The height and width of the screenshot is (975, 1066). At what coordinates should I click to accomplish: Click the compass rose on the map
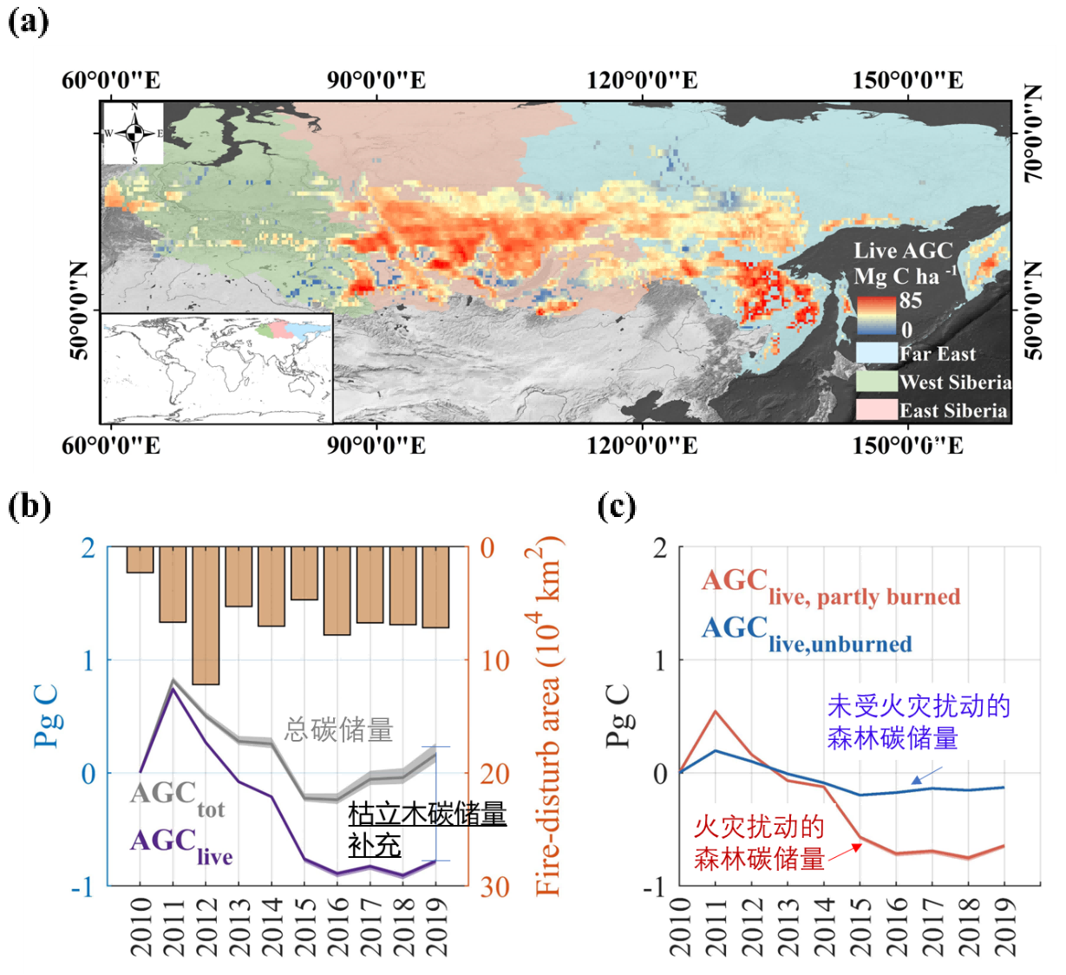tap(134, 134)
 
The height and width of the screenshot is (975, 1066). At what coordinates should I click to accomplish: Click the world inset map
tap(217, 368)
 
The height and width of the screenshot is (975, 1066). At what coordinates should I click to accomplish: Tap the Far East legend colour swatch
tap(876, 354)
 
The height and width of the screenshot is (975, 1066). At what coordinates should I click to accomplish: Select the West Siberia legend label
tap(955, 383)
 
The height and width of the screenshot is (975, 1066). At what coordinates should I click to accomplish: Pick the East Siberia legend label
tap(952, 411)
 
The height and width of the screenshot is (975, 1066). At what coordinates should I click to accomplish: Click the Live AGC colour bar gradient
tap(876, 316)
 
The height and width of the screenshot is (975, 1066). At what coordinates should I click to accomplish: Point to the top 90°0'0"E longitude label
tap(376, 81)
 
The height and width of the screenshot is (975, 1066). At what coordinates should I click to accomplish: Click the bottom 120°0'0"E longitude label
tap(642, 446)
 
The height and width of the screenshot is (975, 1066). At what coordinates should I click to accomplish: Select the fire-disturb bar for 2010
tap(140, 559)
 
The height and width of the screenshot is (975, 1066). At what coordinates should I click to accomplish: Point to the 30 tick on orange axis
tap(495, 887)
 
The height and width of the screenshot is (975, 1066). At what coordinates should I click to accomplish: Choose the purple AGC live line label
tap(180, 845)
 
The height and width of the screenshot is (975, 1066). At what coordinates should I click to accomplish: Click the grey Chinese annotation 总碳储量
tap(338, 730)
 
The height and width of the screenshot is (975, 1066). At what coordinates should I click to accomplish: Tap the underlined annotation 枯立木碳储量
tap(427, 815)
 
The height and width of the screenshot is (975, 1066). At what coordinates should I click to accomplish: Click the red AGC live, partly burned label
tap(830, 586)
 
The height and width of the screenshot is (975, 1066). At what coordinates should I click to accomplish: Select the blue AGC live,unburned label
tap(806, 633)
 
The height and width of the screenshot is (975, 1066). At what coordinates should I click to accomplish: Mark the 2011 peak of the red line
tap(716, 711)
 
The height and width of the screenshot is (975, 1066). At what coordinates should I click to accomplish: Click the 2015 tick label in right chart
tap(859, 926)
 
